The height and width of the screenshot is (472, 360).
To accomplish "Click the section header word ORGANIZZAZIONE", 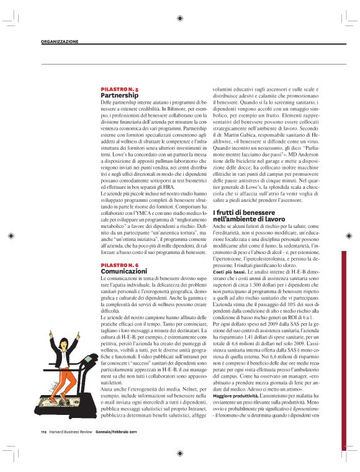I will tap(60, 42).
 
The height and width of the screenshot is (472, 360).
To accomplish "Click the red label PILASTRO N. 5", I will tap(120, 90).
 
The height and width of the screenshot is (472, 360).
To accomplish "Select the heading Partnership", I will tap(119, 96).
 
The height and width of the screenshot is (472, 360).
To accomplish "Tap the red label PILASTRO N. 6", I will tap(120, 265).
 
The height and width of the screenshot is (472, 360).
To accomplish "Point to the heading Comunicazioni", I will tap(124, 271).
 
